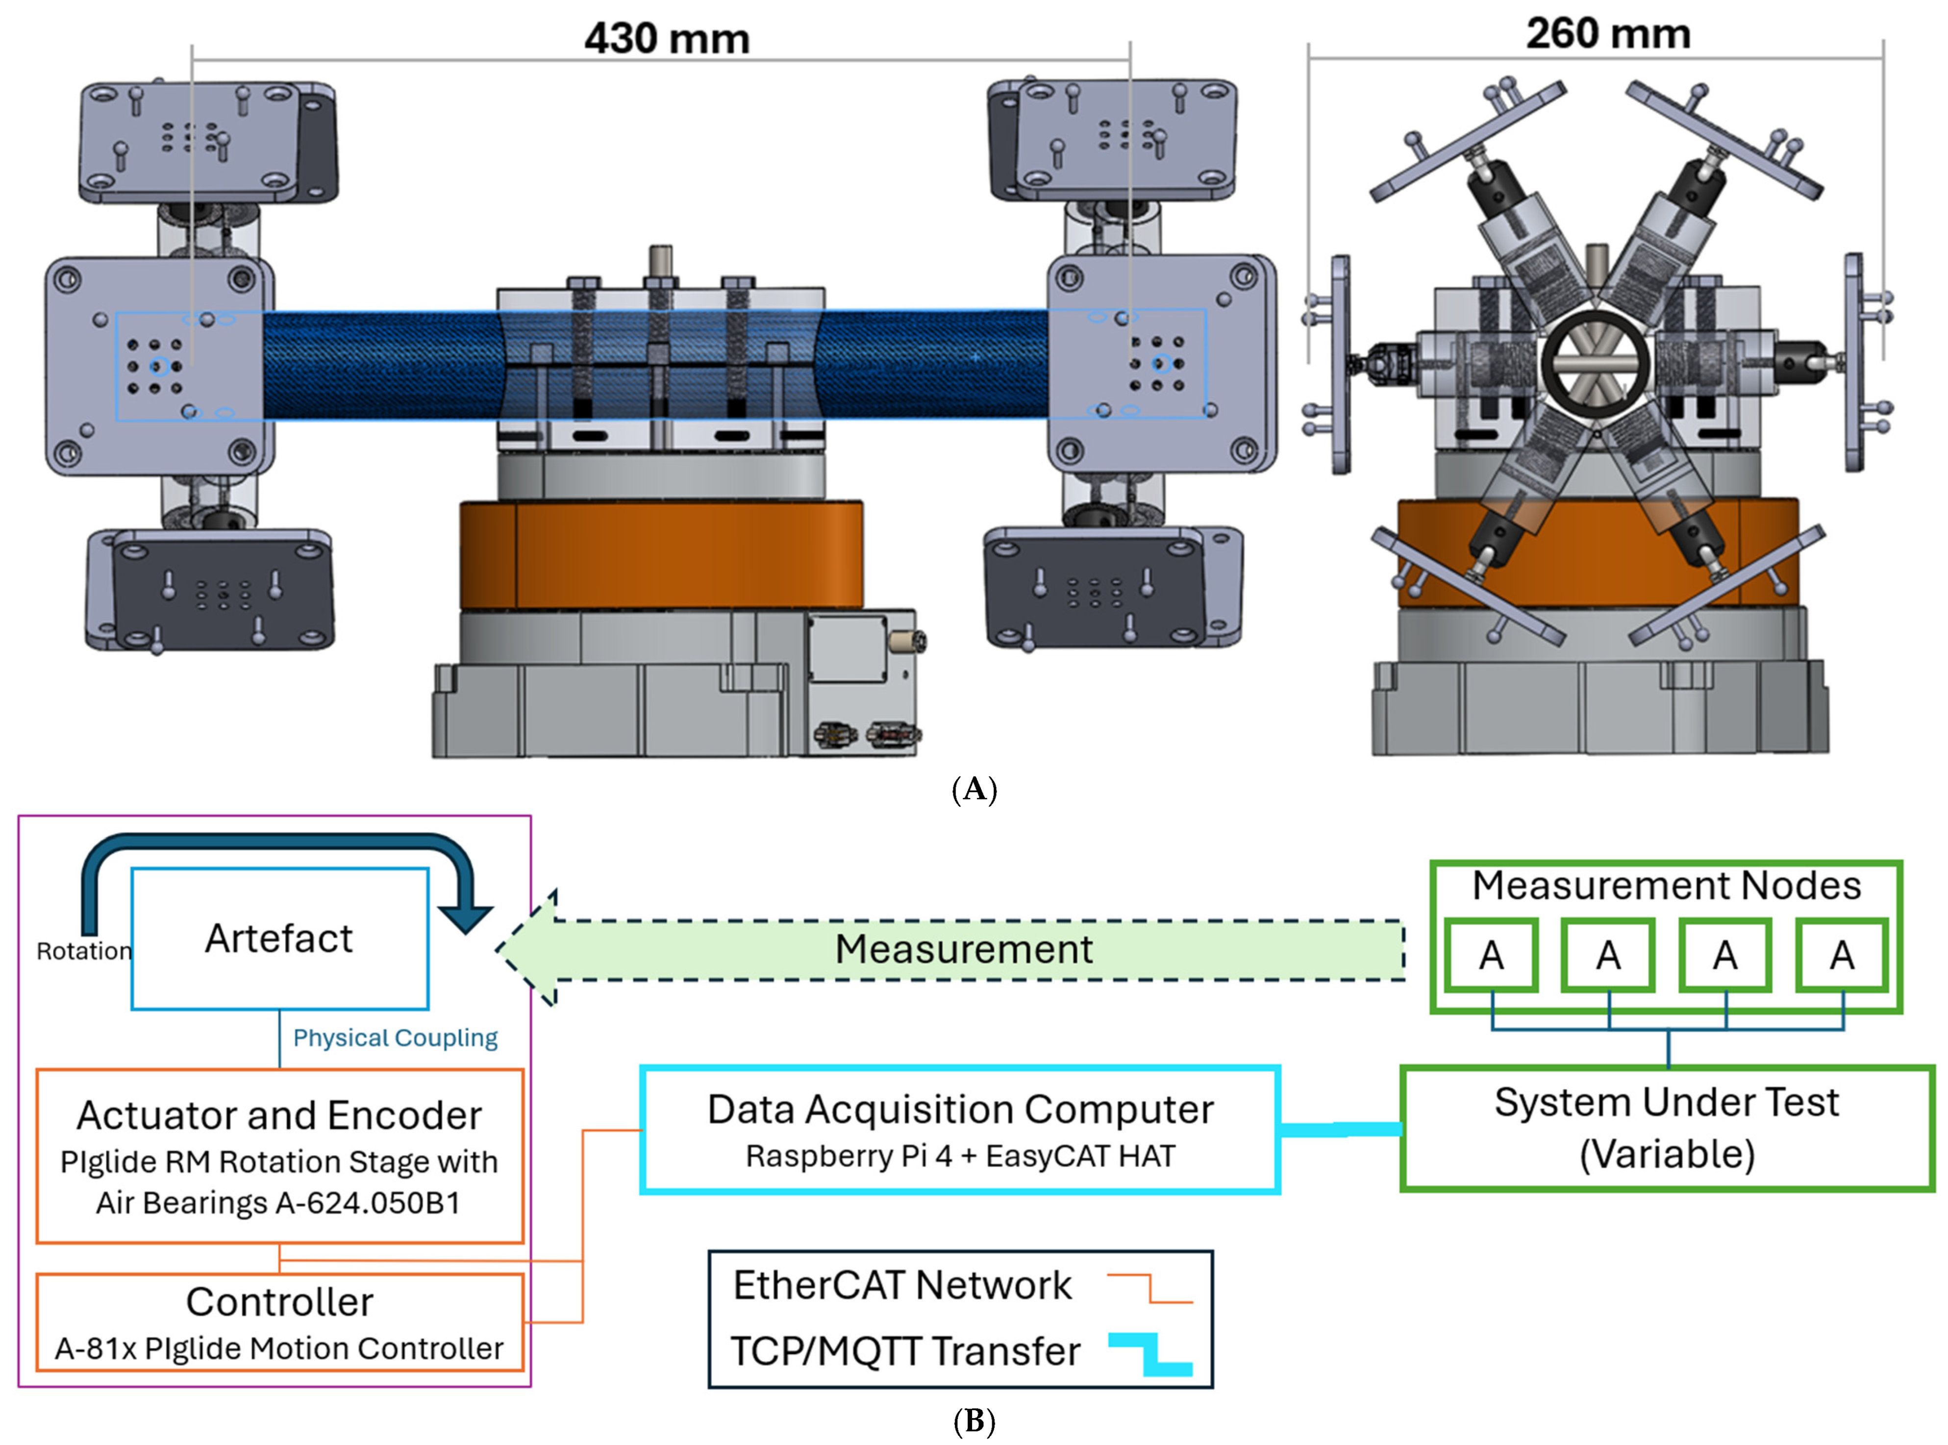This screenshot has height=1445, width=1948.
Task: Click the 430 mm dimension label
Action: point(667,39)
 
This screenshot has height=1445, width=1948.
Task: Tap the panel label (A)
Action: point(974,789)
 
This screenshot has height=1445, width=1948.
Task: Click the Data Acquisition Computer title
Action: point(960,1109)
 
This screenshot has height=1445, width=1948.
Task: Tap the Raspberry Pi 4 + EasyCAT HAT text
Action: point(960,1156)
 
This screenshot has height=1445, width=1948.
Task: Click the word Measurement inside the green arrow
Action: point(963,949)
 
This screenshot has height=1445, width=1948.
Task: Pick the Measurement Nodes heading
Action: point(1666,885)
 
